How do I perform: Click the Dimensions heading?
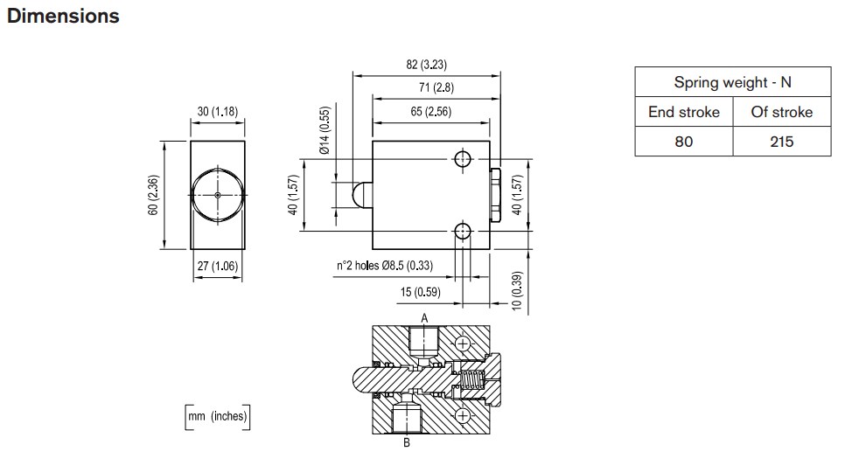click(62, 17)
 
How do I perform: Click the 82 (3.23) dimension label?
click(427, 65)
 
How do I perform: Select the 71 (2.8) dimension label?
click(434, 87)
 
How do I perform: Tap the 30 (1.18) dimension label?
click(218, 111)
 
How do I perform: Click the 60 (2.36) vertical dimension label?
click(153, 197)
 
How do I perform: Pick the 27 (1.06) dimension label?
click(218, 267)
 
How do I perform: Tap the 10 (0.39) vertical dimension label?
click(517, 290)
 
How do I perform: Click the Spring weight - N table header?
click(732, 83)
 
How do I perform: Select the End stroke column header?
click(683, 112)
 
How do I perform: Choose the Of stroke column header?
click(781, 112)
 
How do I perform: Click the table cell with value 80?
click(683, 141)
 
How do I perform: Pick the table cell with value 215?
click(781, 141)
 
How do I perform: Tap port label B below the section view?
click(406, 442)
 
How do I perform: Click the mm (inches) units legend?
click(217, 417)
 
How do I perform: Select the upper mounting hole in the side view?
click(463, 158)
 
